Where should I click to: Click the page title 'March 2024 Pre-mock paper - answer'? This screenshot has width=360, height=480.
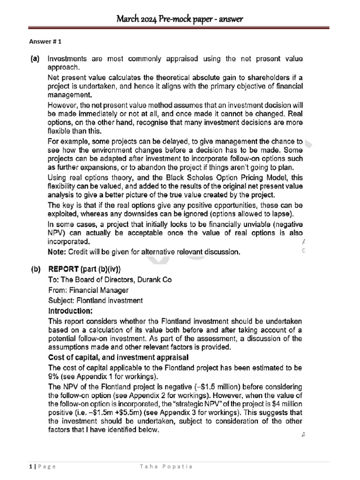click(180, 19)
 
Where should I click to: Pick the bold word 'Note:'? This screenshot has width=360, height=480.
click(58, 252)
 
